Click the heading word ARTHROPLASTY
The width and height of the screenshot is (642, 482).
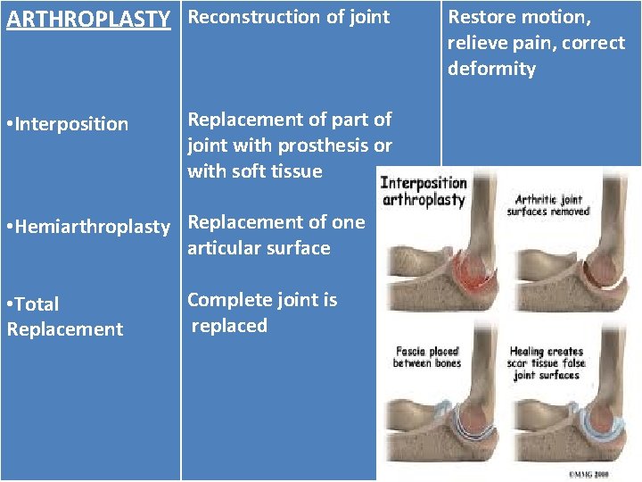[88, 18]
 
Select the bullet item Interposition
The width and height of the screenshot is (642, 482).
[70, 124]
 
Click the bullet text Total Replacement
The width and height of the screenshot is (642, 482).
[64, 316]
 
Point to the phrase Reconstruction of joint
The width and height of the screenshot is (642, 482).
[289, 17]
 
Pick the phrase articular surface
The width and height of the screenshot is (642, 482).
[259, 248]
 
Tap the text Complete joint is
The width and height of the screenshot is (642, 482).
[262, 300]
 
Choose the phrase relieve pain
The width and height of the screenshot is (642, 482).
[490, 43]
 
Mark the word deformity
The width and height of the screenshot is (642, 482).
[491, 69]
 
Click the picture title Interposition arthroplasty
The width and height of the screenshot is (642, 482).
[424, 191]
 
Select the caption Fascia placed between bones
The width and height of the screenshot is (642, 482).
[426, 357]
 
